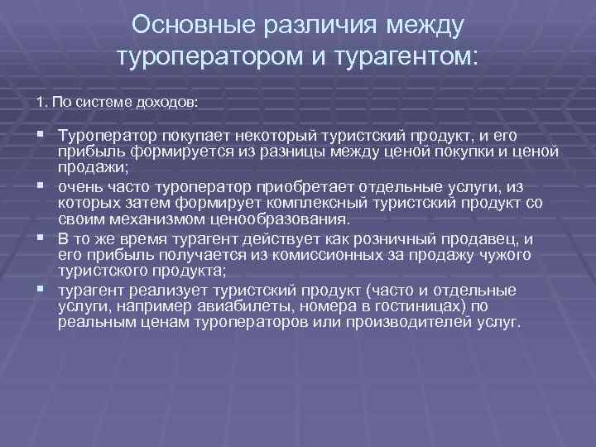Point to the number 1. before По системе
coord(41,103)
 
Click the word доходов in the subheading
coord(170,103)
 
